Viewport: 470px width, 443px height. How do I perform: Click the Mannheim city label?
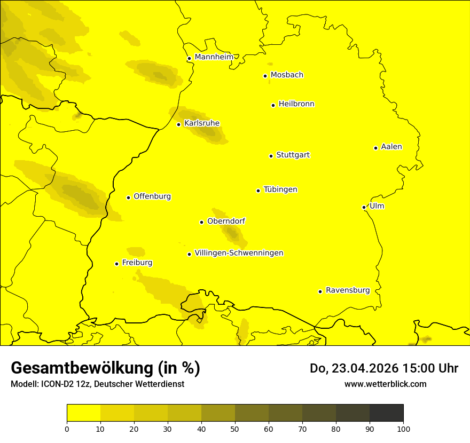click(214, 57)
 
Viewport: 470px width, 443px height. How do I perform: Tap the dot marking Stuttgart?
click(271, 156)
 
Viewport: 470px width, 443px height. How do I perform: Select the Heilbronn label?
click(296, 104)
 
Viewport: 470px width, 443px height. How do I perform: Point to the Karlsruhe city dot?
click(178, 124)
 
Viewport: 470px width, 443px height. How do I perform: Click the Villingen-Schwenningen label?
click(239, 253)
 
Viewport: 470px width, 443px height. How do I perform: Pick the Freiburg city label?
click(137, 263)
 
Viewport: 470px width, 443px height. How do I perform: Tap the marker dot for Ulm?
click(364, 207)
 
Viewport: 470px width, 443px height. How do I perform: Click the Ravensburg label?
click(348, 290)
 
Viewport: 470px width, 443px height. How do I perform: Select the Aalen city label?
click(391, 147)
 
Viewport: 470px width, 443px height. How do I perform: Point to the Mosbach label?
click(287, 75)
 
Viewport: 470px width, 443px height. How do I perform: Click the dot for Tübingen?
click(258, 191)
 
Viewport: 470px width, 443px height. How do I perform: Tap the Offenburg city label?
click(152, 196)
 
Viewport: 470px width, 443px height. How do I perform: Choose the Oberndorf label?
click(226, 221)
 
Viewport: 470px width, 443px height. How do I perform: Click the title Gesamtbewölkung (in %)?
click(105, 368)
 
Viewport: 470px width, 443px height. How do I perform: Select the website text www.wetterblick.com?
click(385, 384)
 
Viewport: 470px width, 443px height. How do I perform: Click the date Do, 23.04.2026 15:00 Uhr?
click(383, 368)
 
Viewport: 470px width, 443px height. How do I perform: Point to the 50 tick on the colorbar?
click(235, 428)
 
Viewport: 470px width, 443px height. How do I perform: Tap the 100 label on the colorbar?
click(403, 428)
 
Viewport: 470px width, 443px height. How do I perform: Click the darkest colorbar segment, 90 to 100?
click(386, 413)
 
